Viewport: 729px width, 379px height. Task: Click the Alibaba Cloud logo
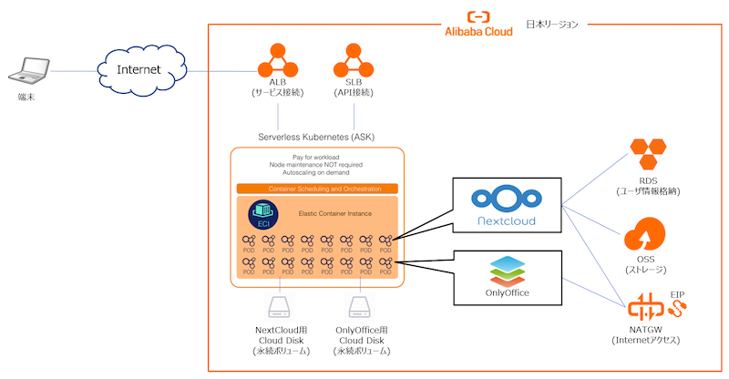[478, 25]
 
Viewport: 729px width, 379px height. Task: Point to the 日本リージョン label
[552, 25]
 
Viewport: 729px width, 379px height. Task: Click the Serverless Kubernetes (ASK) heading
[316, 137]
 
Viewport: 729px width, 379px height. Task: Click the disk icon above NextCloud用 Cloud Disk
[278, 307]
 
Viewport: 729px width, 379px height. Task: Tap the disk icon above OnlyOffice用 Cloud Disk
[360, 307]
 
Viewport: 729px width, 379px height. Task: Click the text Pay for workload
[316, 156]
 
